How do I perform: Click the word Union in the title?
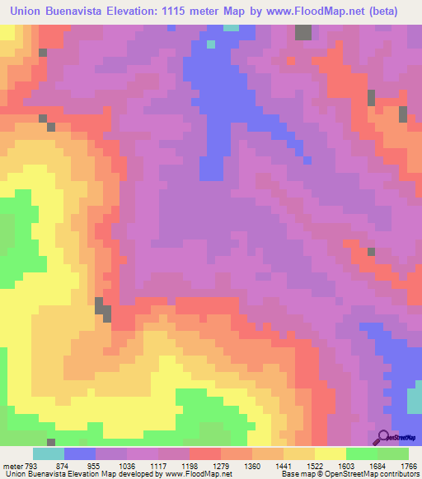tap(30, 12)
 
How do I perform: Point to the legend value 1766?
tap(410, 466)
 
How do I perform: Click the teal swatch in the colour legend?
tap(49, 453)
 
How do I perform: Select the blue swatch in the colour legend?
tap(80, 453)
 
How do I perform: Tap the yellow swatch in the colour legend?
tap(331, 453)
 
